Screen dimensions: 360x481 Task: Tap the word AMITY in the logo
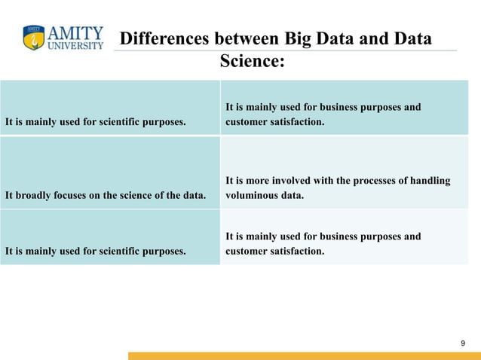[x=76, y=33]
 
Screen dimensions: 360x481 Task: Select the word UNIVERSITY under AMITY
[x=75, y=45]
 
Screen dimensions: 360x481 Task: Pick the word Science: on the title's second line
[x=252, y=60]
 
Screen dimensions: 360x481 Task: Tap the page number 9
[x=463, y=343]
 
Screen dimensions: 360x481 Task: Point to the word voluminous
[x=253, y=195]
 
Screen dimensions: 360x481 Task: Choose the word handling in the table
[x=430, y=181]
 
